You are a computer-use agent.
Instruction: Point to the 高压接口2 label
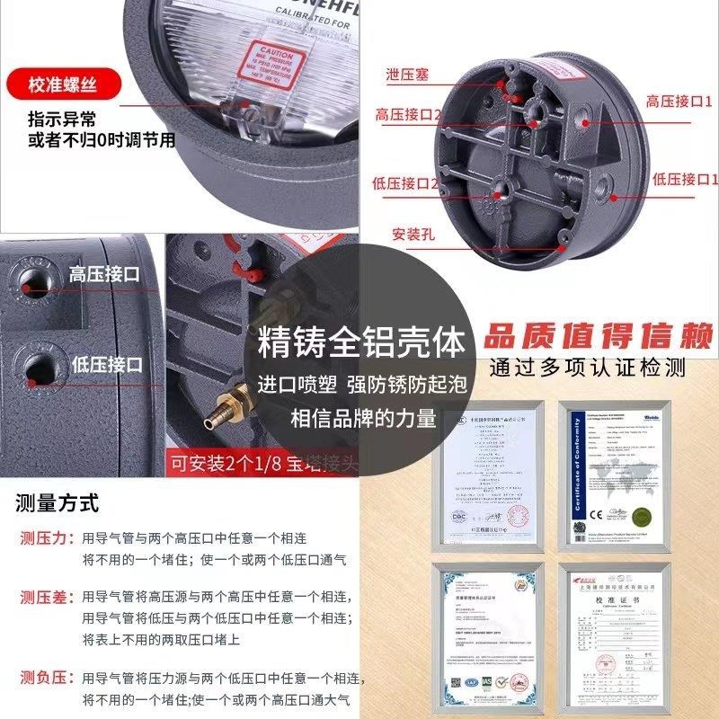click(x=408, y=115)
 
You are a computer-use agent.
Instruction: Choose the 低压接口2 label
click(x=404, y=183)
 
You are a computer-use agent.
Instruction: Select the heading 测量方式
click(x=57, y=502)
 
